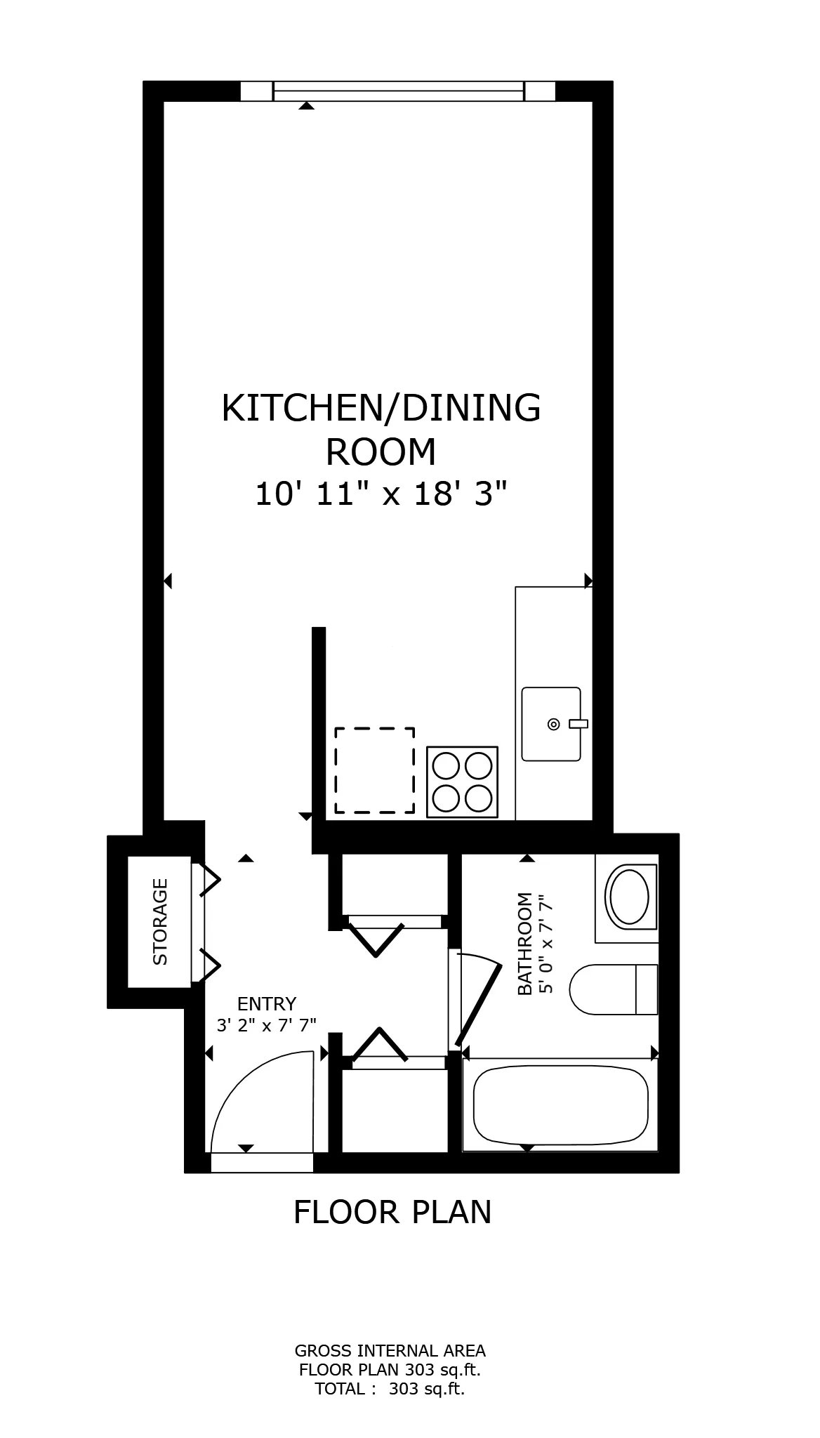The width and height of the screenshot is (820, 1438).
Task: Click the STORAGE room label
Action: pos(160,921)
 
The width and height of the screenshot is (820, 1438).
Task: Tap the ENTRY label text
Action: pos(267,1003)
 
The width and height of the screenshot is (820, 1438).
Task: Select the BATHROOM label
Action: pos(524,944)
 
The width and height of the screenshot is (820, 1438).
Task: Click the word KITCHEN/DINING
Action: pos(381,408)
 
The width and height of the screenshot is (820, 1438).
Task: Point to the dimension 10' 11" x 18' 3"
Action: pos(381,494)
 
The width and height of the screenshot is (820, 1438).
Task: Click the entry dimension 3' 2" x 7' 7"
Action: pos(267,1025)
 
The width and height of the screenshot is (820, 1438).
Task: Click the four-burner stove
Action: pos(463,782)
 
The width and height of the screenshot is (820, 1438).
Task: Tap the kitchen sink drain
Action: pos(553,724)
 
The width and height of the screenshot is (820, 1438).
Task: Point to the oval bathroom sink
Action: pos(630,897)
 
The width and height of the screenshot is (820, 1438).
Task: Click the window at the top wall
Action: pos(398,91)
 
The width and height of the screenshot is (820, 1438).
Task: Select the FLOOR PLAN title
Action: pos(392,1213)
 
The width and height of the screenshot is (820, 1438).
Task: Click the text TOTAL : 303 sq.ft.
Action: pos(390,1388)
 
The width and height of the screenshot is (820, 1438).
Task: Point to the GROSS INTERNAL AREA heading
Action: pos(390,1350)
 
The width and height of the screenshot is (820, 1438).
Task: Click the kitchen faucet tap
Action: pos(578,724)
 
